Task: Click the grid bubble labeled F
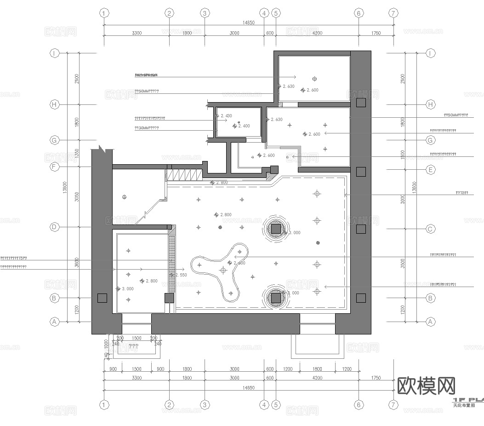click(54, 167)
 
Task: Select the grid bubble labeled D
click(54, 227)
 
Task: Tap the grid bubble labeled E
click(431, 170)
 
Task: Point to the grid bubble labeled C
click(431, 229)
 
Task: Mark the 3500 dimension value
click(403, 264)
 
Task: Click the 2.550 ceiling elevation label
click(181, 275)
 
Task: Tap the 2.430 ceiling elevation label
click(226, 116)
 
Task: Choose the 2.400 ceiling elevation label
click(243, 126)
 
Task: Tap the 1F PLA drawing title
click(468, 400)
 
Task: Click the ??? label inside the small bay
click(133, 346)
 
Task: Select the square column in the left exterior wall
click(102, 298)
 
